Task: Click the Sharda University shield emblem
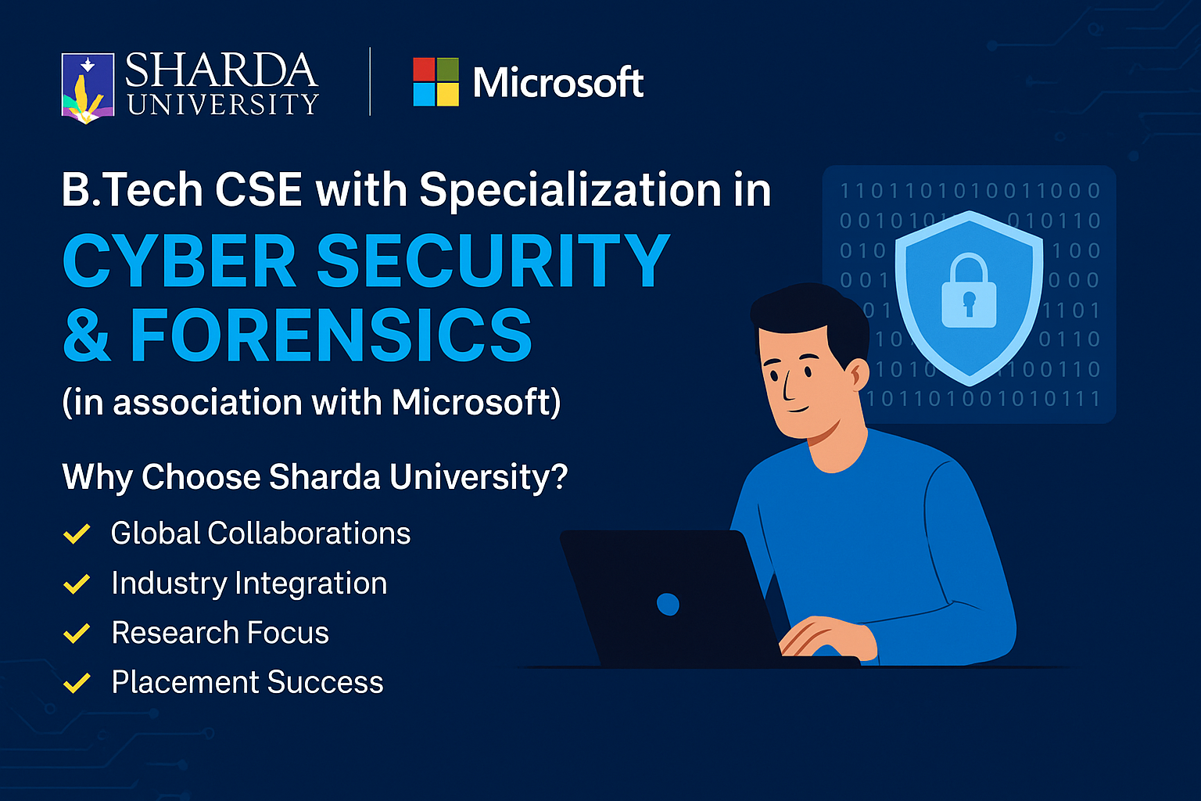coord(88,88)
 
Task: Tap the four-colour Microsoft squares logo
coord(436,81)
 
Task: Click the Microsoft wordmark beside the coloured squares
coord(558,82)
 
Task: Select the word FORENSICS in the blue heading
coord(332,335)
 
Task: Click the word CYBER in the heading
coord(179,260)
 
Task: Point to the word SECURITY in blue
coord(494,260)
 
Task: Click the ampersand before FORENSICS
coord(87,335)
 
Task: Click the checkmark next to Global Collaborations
coord(77,533)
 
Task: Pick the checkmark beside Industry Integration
coord(77,584)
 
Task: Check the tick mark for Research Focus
coord(77,633)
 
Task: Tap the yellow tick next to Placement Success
coord(77,683)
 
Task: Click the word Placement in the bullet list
coord(185,682)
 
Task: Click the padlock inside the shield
coord(969,290)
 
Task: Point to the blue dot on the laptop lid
coord(668,605)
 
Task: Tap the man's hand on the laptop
coord(828,638)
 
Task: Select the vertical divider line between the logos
coord(370,81)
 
